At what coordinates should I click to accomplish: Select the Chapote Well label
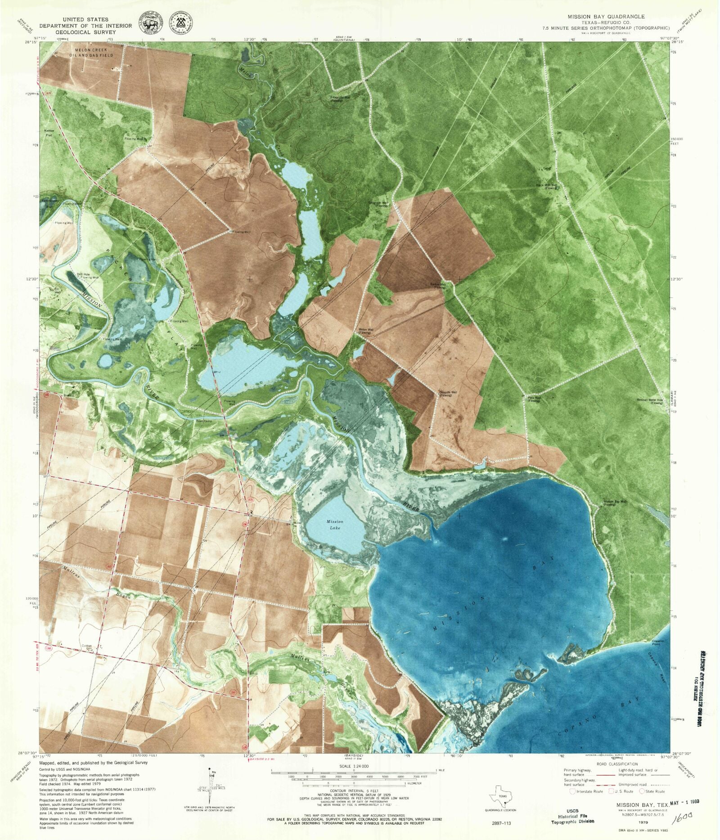pos(445,394)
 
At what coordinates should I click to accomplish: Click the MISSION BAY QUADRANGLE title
pos(606,16)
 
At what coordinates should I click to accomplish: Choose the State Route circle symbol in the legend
pos(642,791)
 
